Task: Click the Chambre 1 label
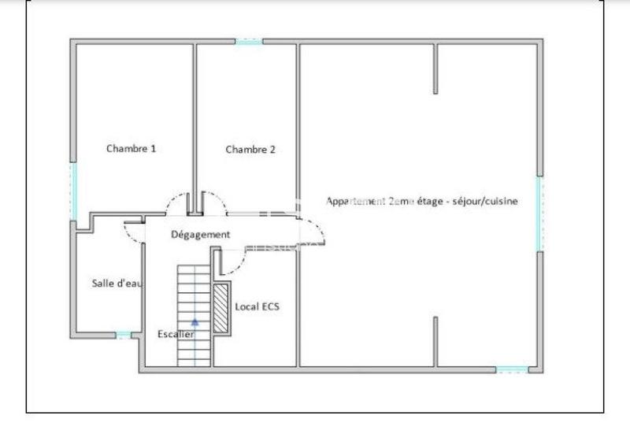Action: point(131,148)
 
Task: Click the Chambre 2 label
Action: point(250,150)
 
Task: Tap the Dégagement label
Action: point(200,234)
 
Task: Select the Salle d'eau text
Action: point(117,284)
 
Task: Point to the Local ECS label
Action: point(257,306)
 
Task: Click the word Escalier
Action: point(175,334)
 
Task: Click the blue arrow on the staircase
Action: point(195,321)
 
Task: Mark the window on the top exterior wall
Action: point(249,41)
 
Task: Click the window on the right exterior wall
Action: point(539,213)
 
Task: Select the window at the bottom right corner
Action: point(512,369)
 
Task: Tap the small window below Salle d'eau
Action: point(124,336)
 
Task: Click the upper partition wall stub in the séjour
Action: point(435,69)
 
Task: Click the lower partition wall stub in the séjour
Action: point(435,341)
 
